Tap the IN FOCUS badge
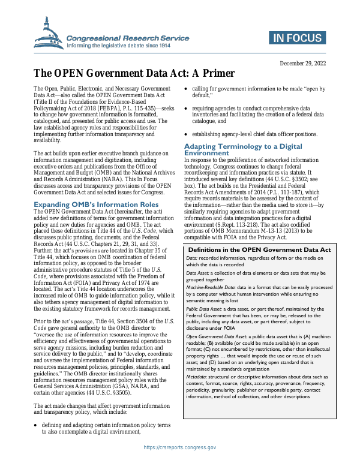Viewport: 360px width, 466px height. coord(297,38)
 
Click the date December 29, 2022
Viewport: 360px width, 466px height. coord(303,64)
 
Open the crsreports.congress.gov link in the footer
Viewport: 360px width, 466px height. coord(180,447)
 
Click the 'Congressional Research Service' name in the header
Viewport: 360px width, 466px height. coord(127,37)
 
